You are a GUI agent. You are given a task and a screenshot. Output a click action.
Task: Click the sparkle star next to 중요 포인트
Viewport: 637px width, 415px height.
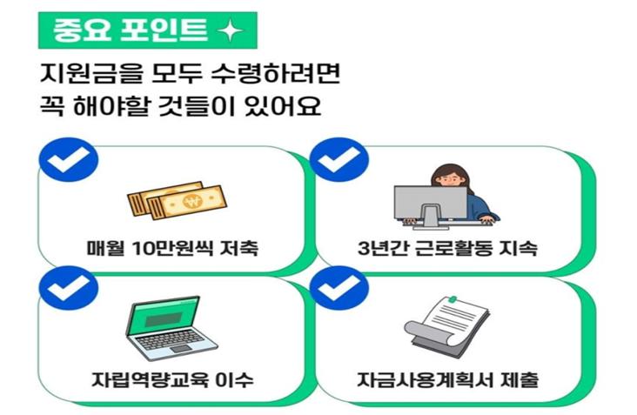[230, 33]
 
